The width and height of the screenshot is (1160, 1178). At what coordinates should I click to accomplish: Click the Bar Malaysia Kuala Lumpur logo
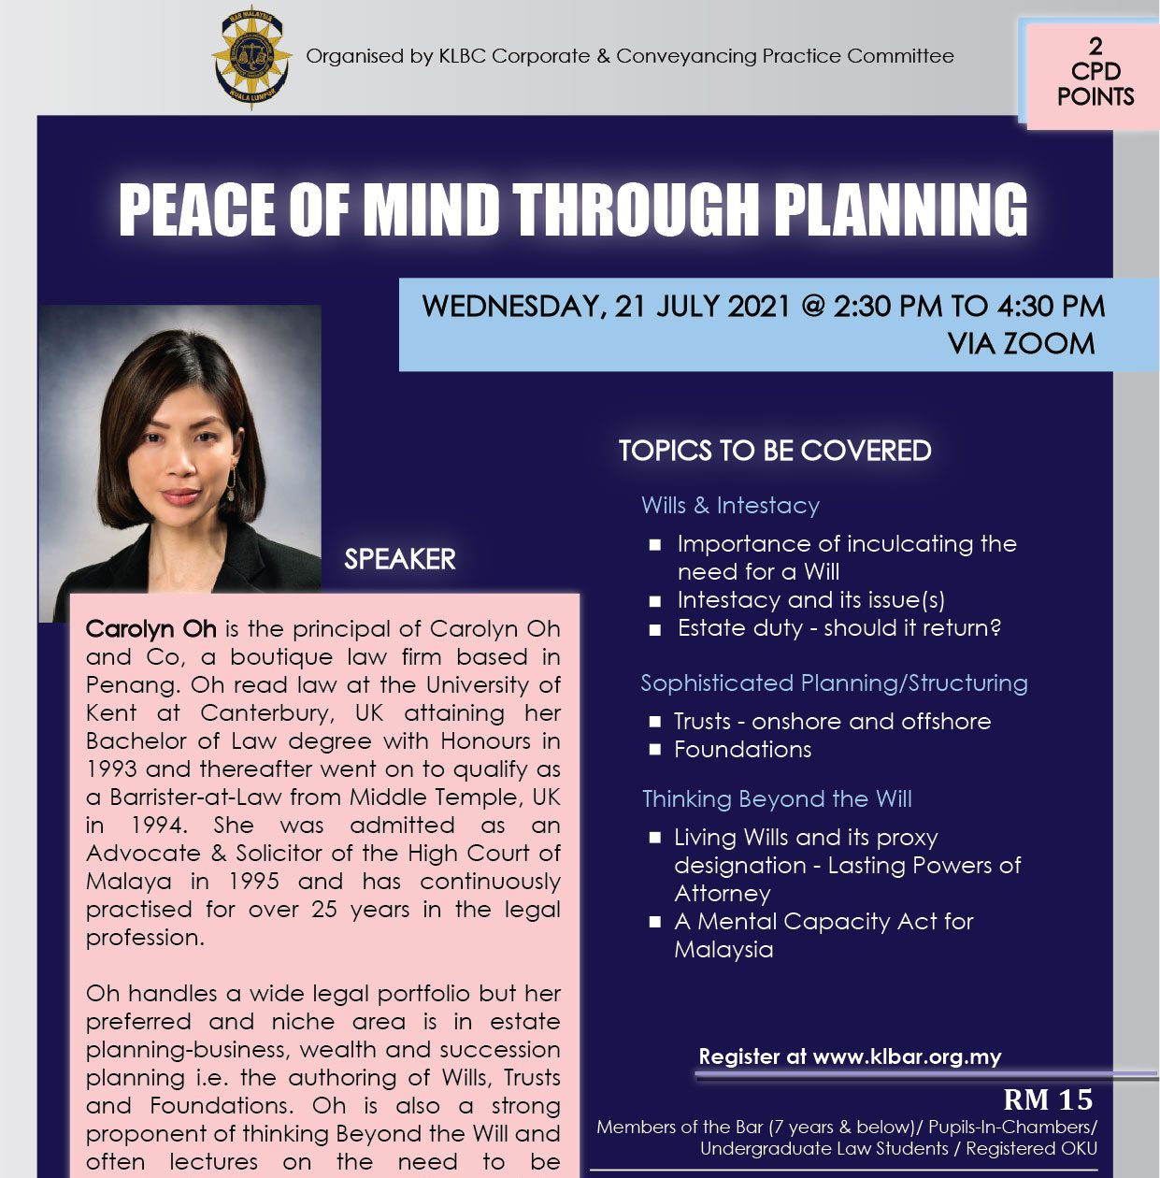250,57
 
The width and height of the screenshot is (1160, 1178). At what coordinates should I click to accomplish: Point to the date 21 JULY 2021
703,307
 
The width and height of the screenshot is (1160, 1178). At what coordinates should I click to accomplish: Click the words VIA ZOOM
1021,344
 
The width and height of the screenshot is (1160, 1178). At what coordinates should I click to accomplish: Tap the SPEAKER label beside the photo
400,559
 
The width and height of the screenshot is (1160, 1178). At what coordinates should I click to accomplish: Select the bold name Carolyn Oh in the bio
151,629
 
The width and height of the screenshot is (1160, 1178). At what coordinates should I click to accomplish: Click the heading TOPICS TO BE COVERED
775,451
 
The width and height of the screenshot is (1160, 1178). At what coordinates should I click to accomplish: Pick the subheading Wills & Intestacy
730,506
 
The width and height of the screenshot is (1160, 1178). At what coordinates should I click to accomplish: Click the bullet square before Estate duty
655,629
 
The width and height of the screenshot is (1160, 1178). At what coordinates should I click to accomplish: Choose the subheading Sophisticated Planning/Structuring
834,683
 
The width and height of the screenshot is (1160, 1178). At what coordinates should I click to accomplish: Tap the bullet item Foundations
742,750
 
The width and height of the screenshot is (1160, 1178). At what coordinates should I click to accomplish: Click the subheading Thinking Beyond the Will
777,799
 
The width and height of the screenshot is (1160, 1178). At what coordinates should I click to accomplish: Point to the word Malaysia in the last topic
723,950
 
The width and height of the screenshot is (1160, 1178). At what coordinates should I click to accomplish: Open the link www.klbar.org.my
907,1057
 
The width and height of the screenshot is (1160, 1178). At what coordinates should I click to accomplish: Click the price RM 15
1047,1100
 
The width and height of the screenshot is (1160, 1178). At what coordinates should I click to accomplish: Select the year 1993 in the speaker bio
110,769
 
